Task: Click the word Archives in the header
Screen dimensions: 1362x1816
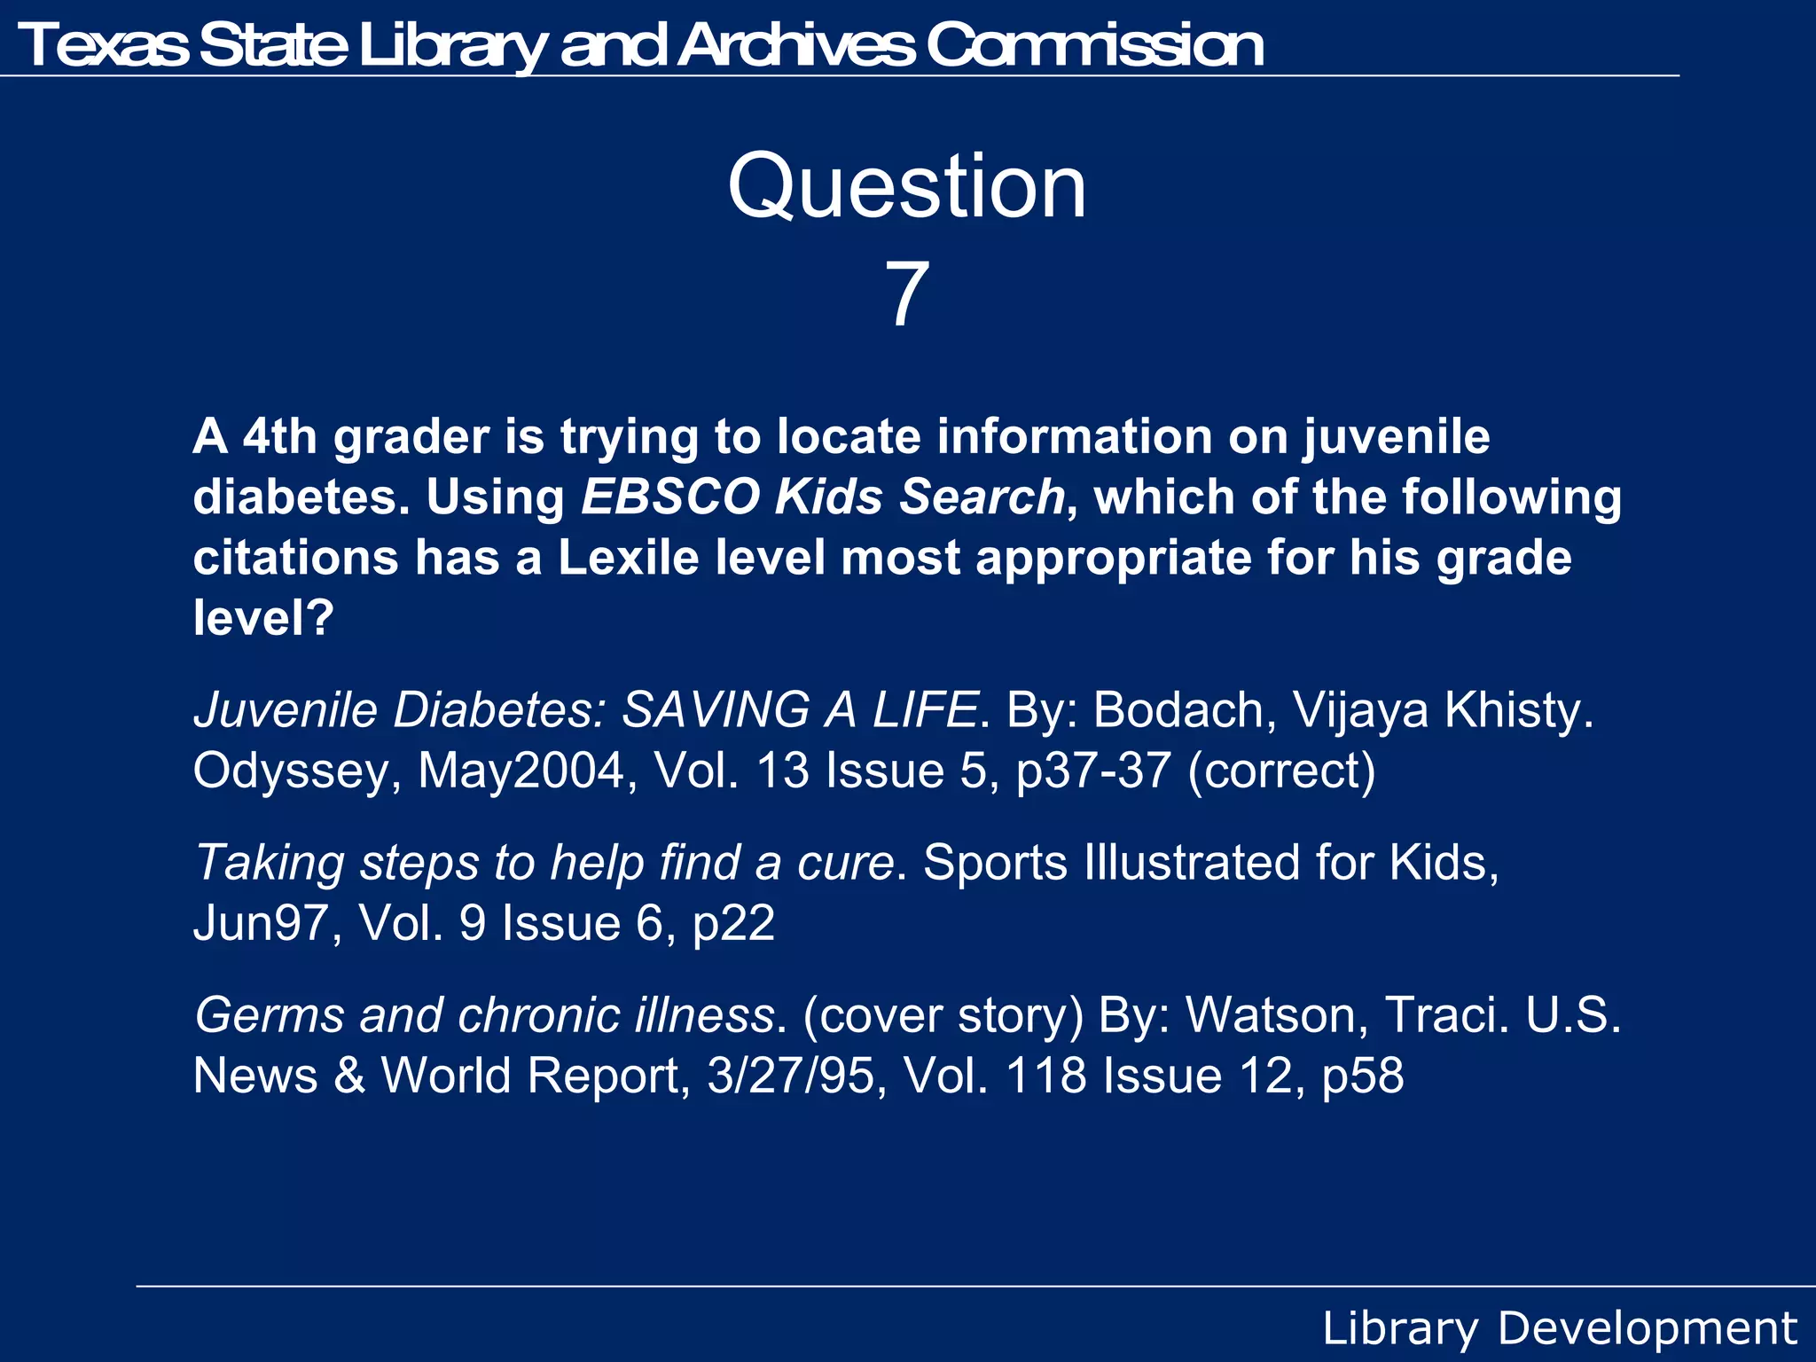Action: [x=795, y=45]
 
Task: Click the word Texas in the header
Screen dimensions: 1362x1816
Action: [x=102, y=45]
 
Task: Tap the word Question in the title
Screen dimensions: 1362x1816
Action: [x=907, y=186]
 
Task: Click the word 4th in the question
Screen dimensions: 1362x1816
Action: [x=279, y=436]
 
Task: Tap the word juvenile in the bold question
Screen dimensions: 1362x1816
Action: [x=1397, y=438]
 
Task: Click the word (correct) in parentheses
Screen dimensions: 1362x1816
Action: [x=1281, y=770]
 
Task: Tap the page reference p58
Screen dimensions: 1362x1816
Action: [x=1362, y=1076]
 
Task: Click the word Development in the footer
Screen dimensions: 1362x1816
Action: [x=1647, y=1328]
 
